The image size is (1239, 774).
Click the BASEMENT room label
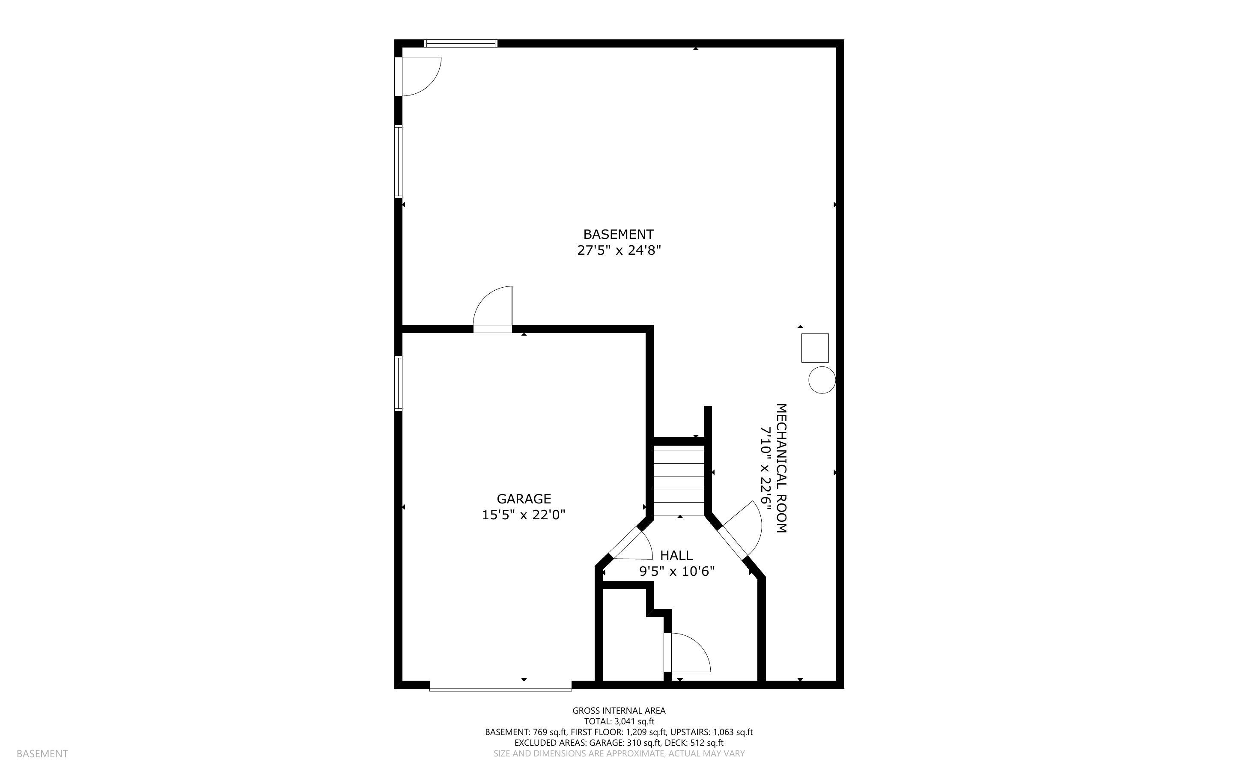(618, 235)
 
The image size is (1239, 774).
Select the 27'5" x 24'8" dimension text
(618, 251)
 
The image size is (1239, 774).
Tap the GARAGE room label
(524, 499)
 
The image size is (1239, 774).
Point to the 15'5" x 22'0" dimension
(524, 515)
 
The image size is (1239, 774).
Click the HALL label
(676, 555)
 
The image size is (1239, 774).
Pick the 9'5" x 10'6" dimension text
(676, 571)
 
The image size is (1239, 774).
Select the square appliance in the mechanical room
(815, 348)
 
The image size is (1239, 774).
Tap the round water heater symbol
(822, 380)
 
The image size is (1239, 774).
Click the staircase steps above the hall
(679, 481)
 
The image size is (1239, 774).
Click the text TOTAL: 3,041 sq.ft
(619, 722)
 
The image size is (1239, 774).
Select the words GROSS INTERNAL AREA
(619, 711)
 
